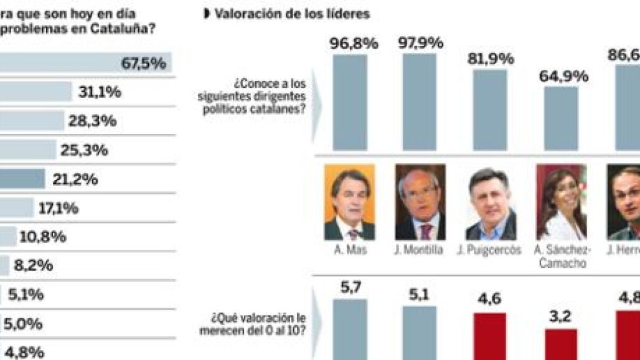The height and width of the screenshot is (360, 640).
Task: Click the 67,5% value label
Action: pos(144,64)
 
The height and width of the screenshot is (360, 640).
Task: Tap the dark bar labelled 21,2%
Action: pos(22,179)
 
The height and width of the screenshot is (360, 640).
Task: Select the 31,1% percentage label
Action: pos(100,92)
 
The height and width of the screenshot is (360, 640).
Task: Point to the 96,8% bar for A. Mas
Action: pos(349,103)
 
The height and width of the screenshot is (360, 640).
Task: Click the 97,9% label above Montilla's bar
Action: pos(420,44)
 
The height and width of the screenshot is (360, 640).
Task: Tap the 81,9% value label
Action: pos(491,59)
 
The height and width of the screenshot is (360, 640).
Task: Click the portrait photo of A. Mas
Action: pos(349,202)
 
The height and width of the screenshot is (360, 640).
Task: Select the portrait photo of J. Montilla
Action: pos(420,202)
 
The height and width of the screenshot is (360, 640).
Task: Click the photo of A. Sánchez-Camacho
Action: pos(561,202)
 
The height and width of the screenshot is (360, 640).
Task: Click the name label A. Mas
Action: pos(349,251)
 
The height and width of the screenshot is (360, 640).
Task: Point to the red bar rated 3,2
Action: pos(561,344)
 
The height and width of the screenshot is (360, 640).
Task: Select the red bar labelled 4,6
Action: pos(490,336)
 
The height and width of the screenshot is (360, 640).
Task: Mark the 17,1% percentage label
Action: pos(59,209)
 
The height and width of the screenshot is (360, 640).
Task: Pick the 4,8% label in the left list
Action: pos(24,352)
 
